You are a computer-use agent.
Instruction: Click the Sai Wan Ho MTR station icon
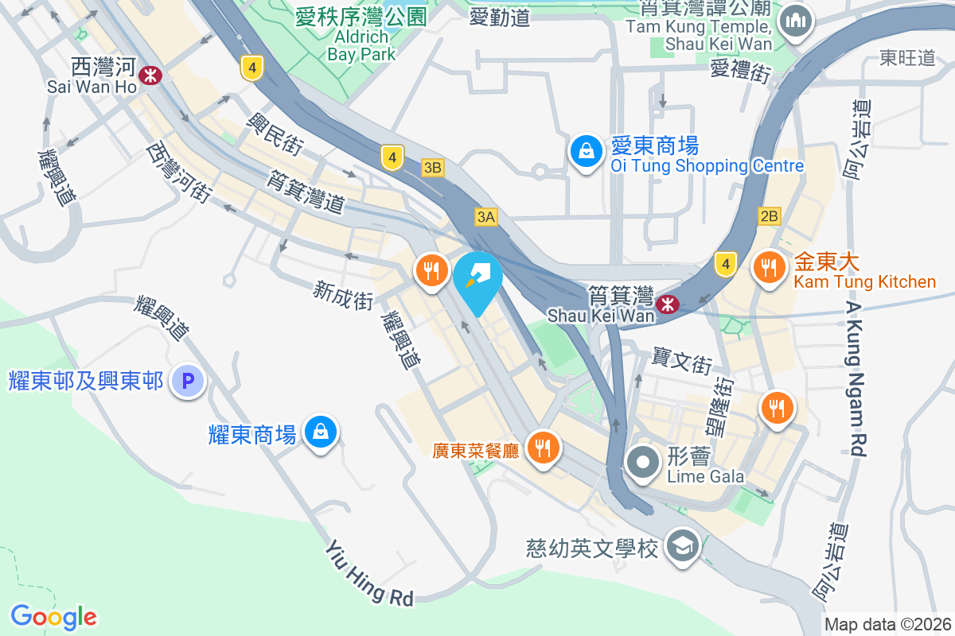point(150,76)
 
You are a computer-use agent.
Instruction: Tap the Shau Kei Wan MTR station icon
point(667,303)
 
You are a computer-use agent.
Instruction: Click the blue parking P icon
point(188,382)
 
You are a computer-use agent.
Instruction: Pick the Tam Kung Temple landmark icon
point(794,19)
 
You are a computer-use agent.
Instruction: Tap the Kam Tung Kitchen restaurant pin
point(769,267)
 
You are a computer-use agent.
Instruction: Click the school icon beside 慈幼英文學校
point(682,546)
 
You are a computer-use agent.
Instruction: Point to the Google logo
point(53,616)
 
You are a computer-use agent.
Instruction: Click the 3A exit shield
point(486,217)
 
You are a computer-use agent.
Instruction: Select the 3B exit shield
point(433,168)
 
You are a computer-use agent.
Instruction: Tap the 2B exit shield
point(770,216)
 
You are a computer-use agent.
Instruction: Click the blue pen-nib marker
point(477,280)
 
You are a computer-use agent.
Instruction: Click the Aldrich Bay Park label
point(361,45)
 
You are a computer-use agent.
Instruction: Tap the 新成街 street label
point(343,296)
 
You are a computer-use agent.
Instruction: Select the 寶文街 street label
point(681,362)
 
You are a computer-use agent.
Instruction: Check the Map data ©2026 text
point(887,624)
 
